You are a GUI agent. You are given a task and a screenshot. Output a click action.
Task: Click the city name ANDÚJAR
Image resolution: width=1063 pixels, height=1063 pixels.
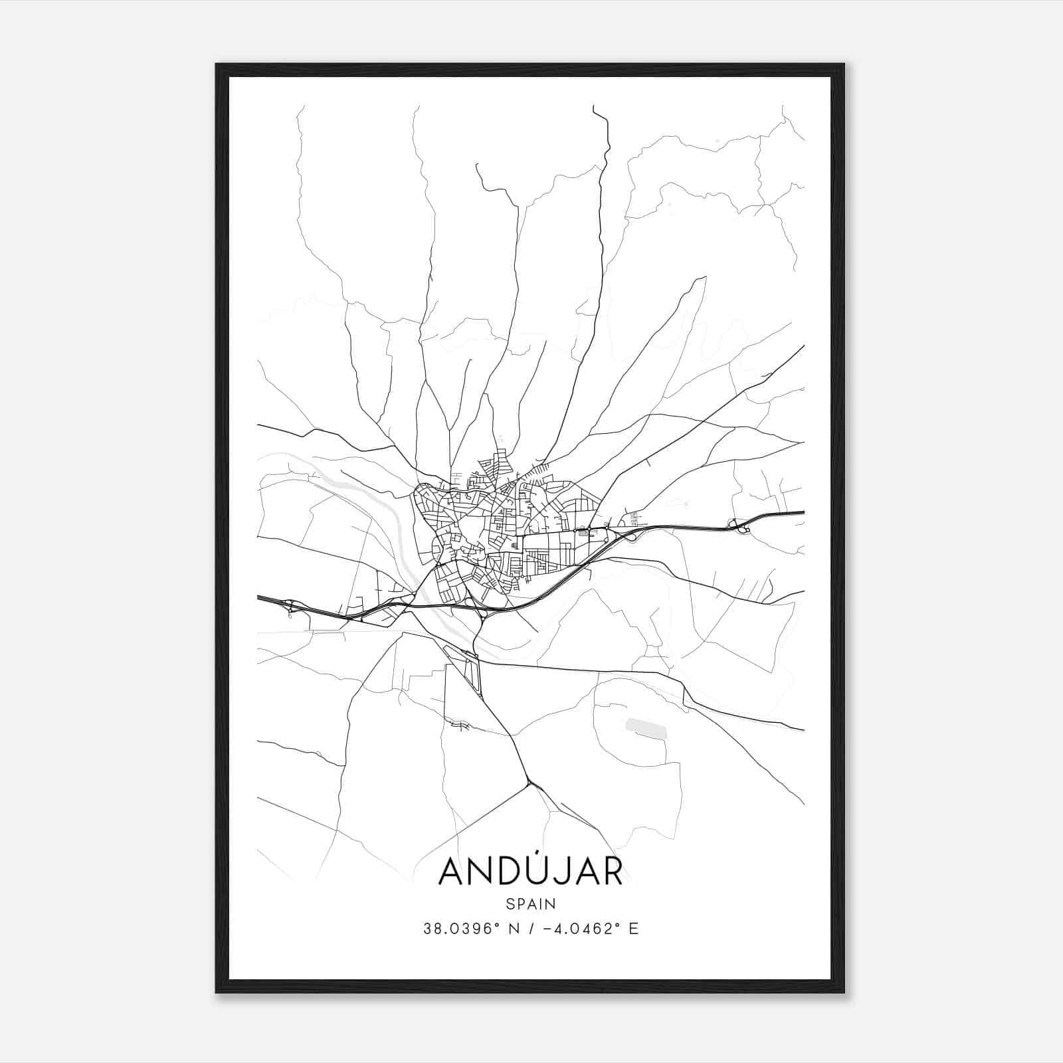coord(530,872)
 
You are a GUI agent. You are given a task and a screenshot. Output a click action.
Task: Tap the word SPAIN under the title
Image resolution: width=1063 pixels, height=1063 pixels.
coord(530,904)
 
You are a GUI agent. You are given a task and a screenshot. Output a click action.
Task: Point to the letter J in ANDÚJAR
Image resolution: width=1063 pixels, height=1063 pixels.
coord(566,872)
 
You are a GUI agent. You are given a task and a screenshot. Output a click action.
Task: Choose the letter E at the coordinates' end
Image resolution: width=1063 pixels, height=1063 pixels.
coord(633,929)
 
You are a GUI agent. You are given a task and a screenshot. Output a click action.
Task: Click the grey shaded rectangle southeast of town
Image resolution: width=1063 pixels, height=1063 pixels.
coord(645,727)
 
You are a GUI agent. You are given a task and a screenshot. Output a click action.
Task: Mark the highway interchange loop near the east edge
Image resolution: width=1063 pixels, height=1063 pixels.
coord(739,526)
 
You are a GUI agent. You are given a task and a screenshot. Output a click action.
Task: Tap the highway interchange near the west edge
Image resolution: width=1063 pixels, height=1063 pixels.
coord(290,605)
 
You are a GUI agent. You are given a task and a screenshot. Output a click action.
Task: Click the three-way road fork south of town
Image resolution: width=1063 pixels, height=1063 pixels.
coord(529,784)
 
